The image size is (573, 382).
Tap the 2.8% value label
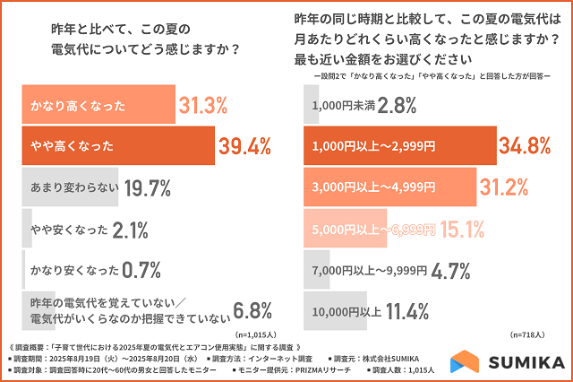click(x=396, y=107)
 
